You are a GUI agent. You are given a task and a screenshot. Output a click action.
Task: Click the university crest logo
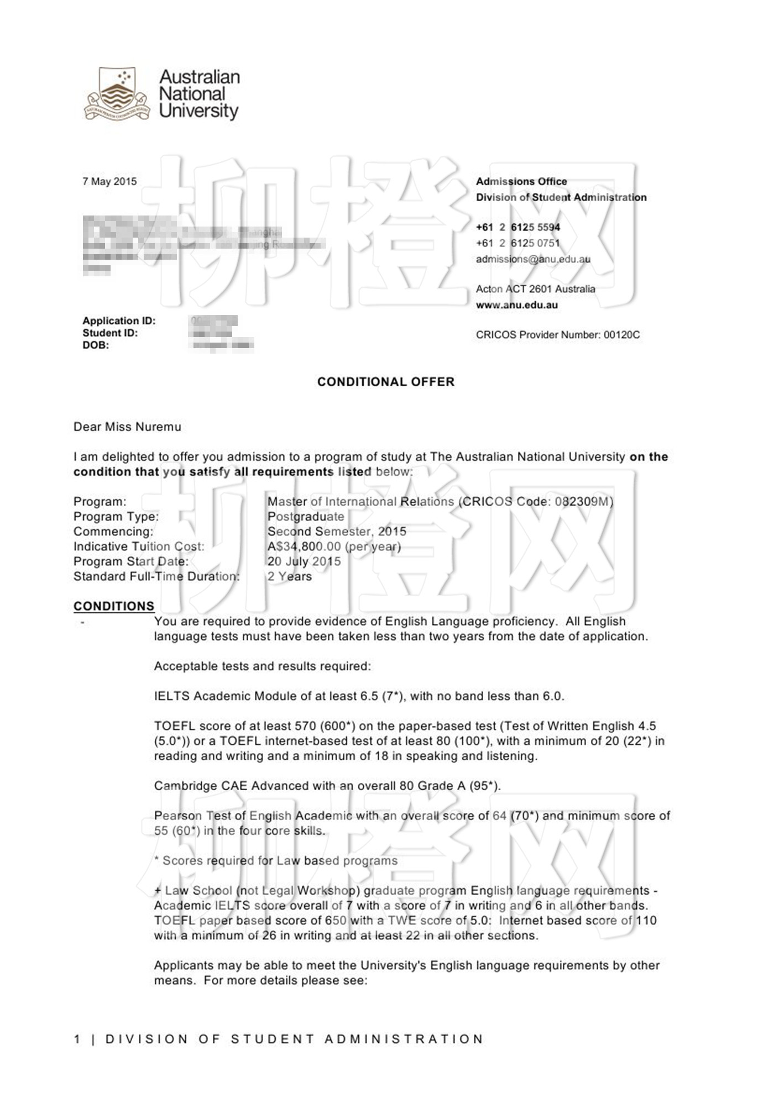tap(117, 94)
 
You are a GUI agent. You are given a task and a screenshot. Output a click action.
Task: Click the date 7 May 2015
tap(109, 181)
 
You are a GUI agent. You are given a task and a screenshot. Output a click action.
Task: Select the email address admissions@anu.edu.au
tap(533, 259)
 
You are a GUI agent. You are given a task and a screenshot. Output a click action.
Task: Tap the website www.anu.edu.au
tap(516, 305)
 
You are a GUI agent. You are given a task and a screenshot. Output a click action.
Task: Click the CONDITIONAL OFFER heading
tap(385, 382)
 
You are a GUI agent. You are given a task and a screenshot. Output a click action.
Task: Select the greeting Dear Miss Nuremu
tap(127, 427)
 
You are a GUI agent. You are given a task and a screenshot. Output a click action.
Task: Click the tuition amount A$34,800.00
tap(304, 546)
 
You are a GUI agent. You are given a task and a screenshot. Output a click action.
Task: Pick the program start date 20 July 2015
tap(304, 561)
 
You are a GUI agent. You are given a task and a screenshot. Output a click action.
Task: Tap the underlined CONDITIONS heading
tap(113, 606)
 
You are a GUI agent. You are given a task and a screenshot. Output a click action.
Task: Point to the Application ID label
tap(119, 320)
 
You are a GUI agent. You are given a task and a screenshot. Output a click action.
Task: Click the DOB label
tap(96, 345)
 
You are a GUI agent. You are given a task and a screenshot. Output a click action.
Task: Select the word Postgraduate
tap(306, 517)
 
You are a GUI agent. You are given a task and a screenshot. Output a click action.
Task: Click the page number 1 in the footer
tap(77, 1039)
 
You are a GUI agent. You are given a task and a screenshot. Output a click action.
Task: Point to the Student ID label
tap(110, 333)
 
